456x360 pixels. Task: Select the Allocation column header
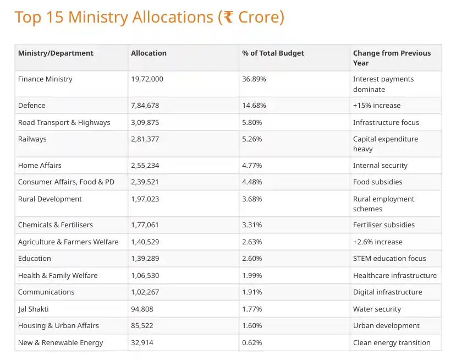[x=149, y=53]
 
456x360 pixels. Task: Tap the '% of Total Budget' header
[x=273, y=53]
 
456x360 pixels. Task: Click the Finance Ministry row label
[x=45, y=79]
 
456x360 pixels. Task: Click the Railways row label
[x=32, y=139]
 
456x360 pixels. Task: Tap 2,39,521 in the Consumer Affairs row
[x=145, y=182]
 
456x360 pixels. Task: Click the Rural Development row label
[x=50, y=199]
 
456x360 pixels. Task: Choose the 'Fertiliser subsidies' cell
[x=384, y=225]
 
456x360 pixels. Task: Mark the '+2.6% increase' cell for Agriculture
[x=377, y=242]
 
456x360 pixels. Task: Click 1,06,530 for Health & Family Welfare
[x=145, y=276]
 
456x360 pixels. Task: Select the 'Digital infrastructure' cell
[x=387, y=292]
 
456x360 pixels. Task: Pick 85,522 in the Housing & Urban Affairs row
[x=142, y=326]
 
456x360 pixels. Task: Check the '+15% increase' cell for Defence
[x=376, y=106]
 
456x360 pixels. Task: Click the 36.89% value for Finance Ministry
[x=254, y=79]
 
